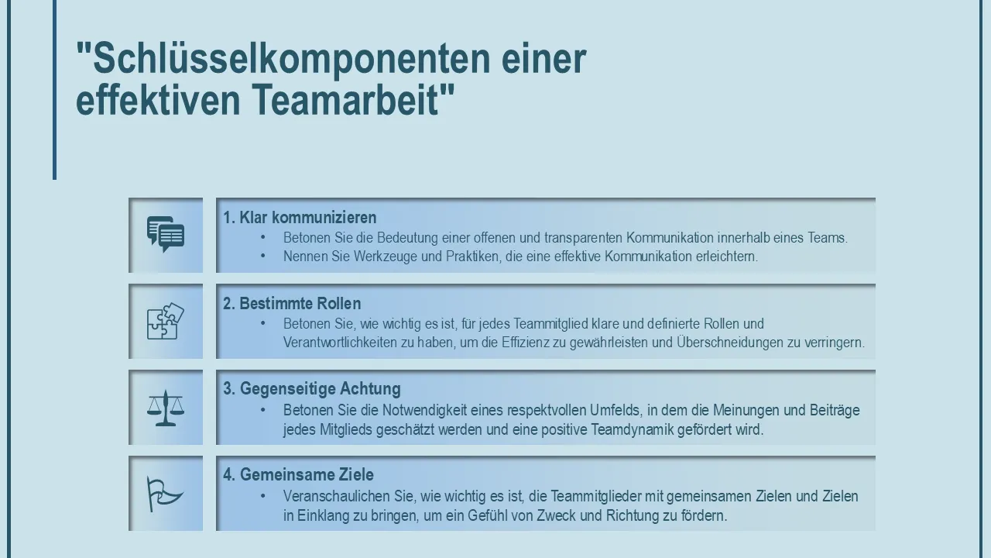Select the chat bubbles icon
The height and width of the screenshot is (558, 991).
tap(166, 234)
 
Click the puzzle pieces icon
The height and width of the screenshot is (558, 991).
tap(166, 321)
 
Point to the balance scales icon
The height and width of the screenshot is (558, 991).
tap(166, 408)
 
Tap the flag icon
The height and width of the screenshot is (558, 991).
tap(164, 494)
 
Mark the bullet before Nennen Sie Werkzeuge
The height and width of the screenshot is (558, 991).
tap(263, 256)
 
